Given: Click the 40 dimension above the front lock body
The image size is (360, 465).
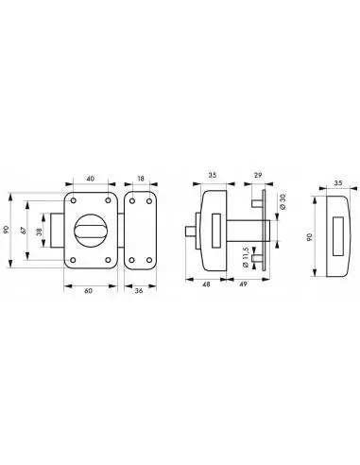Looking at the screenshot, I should point(91,179).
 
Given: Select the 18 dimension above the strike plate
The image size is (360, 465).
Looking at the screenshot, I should point(141,179).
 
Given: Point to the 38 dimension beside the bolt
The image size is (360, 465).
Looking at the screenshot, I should point(41,232).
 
